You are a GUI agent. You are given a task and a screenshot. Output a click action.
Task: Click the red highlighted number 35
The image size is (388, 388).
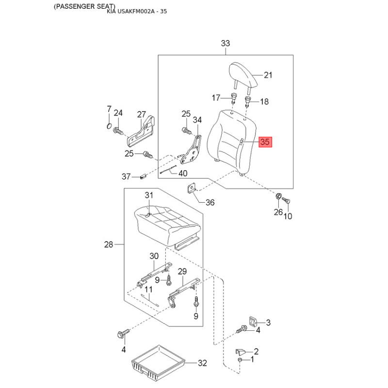click(265, 142)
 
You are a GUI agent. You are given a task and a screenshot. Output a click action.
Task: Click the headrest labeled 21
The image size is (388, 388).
click(243, 75)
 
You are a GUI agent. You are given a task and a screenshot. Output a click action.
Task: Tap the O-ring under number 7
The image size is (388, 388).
click(109, 126)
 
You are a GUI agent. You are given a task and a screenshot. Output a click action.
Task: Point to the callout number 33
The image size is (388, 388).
click(225, 43)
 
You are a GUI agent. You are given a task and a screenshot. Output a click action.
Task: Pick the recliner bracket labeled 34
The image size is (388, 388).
click(192, 150)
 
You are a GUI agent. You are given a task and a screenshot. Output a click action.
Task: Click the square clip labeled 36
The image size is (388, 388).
click(191, 188)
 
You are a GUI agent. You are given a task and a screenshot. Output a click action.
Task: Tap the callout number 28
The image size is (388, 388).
click(109, 244)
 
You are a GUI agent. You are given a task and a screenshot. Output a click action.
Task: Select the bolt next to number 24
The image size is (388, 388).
click(118, 130)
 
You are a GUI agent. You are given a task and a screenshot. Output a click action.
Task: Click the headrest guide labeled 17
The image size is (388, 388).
click(233, 98)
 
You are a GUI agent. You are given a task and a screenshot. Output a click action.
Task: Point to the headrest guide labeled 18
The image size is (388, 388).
click(248, 102)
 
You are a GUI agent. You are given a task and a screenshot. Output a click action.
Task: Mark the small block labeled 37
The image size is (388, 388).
click(143, 177)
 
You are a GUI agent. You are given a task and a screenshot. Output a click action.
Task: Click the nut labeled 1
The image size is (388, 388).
click(240, 359)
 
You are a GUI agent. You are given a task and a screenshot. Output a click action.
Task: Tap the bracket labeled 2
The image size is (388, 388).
click(240, 352)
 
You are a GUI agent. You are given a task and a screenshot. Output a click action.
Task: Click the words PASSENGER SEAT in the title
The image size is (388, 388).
click(84, 6)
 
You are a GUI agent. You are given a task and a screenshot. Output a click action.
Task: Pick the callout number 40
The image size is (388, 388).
click(183, 173)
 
